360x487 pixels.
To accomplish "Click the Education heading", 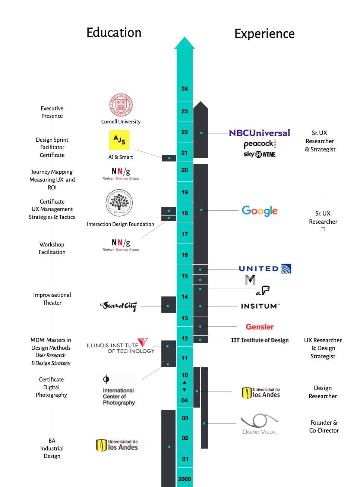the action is [x=114, y=33].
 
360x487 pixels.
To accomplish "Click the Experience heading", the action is [x=264, y=34].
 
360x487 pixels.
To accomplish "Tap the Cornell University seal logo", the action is [x=121, y=105].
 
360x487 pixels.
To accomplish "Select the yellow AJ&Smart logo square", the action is [x=119, y=140].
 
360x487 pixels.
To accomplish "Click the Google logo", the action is [x=260, y=211].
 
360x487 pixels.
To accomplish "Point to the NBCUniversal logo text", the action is [x=259, y=133].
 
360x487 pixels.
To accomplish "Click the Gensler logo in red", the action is [x=260, y=327].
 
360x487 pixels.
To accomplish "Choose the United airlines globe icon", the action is [x=286, y=269].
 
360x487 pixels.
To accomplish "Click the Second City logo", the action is [x=119, y=306].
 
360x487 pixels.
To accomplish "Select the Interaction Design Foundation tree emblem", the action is [x=119, y=202].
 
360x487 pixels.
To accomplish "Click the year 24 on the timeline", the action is [x=184, y=89].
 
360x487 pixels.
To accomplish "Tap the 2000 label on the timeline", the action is [x=184, y=479].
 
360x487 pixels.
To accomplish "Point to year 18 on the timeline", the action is [x=184, y=213].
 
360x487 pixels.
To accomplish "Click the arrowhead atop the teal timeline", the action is [x=184, y=43].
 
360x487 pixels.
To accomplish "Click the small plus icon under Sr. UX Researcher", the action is [x=323, y=229].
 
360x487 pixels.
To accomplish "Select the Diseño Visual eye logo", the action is [x=260, y=421].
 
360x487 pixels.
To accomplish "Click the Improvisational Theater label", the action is [x=52, y=299].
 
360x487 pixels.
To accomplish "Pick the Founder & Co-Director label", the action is [x=324, y=427].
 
